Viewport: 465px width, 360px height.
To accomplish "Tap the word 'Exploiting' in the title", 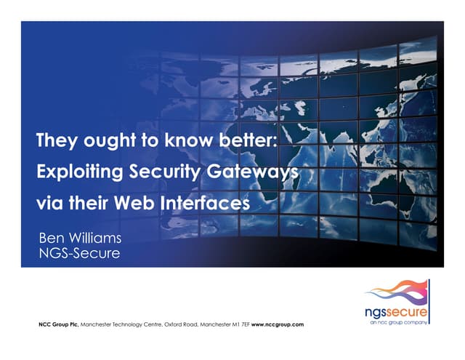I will point(76,172).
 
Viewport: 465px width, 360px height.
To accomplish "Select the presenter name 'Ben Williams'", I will point(79,239).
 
